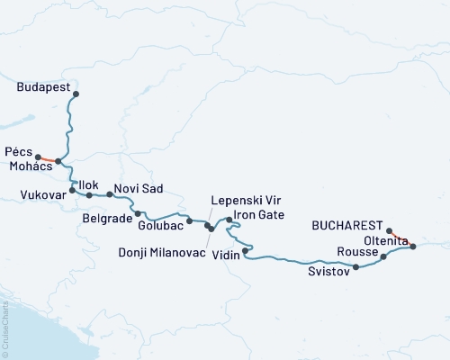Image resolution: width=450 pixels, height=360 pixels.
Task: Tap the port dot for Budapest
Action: [x=76, y=94]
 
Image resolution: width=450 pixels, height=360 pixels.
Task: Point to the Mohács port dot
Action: [x=58, y=162]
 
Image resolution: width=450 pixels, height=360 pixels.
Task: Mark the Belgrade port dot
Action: [x=138, y=214]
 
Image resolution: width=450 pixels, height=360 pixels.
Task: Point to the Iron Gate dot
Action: [x=229, y=219]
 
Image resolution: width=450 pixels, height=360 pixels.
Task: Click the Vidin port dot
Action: [x=246, y=250]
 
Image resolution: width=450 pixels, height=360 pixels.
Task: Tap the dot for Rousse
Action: [x=383, y=257]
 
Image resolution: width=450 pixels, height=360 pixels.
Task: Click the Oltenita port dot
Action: [x=413, y=246]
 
